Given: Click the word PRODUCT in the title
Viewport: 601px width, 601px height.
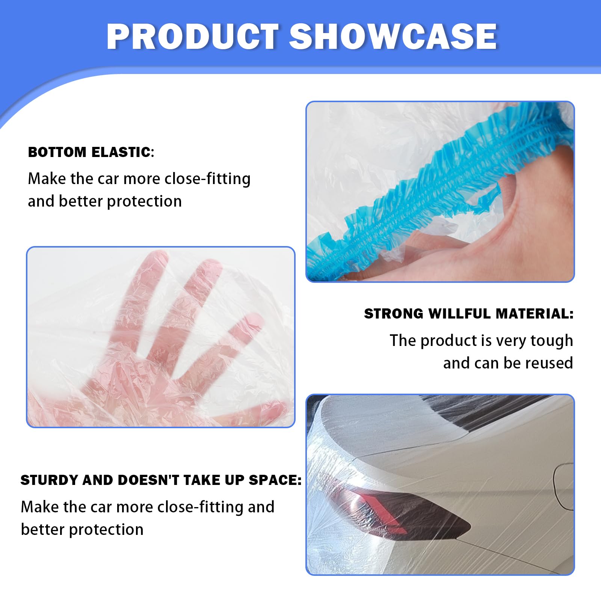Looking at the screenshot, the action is pos(193,36).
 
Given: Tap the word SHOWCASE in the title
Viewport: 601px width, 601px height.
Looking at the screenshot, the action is pos(393,36).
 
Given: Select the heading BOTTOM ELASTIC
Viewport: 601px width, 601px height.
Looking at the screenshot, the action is pos(89,152).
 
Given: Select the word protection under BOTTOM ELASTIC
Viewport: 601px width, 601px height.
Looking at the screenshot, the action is pos(144,202).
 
